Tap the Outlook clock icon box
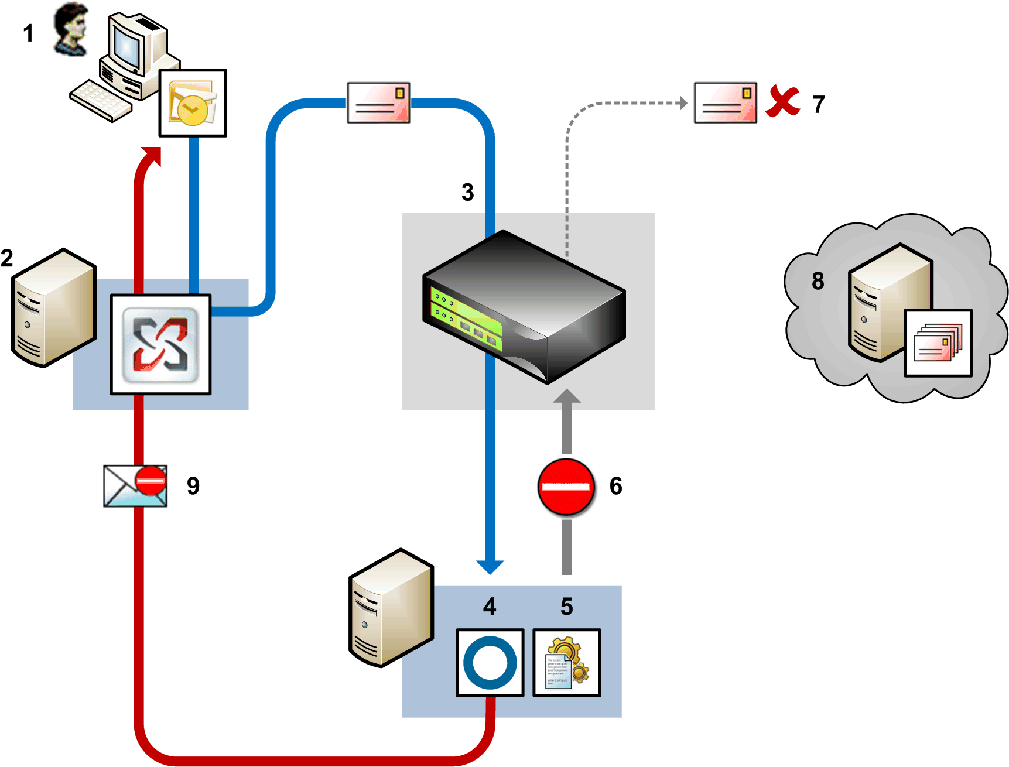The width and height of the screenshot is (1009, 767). pyautogui.click(x=193, y=103)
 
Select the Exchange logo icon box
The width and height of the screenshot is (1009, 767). pyautogui.click(x=160, y=345)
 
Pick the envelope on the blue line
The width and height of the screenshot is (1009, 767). pyautogui.click(x=378, y=103)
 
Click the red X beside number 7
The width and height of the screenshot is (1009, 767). pyautogui.click(x=783, y=102)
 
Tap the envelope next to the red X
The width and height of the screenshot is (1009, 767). pyautogui.click(x=725, y=103)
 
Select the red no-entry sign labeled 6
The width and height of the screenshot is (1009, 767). pyautogui.click(x=566, y=487)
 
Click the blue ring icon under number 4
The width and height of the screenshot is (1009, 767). pyautogui.click(x=490, y=663)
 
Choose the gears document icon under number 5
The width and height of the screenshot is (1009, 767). pyautogui.click(x=566, y=663)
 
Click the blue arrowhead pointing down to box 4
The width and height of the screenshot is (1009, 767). pyautogui.click(x=490, y=567)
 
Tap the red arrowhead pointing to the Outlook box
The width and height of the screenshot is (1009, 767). pyautogui.click(x=151, y=156)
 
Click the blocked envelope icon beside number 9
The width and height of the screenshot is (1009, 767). pyautogui.click(x=135, y=486)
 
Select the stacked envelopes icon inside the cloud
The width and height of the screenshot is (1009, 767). pyautogui.click(x=938, y=343)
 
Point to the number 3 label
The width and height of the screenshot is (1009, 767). pyautogui.click(x=467, y=193)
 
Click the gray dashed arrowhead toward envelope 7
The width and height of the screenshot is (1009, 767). pyautogui.click(x=683, y=103)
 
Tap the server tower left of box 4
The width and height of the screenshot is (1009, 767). pyautogui.click(x=391, y=607)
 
